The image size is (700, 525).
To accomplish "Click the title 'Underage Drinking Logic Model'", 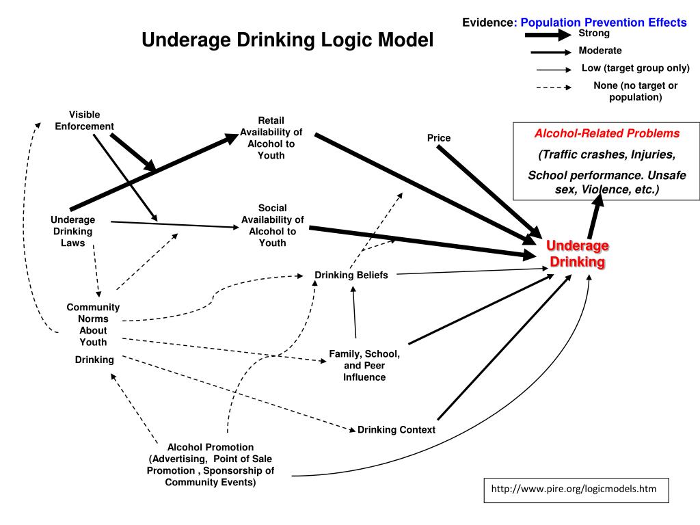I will [287, 40].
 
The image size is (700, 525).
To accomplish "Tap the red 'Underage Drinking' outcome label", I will [578, 254].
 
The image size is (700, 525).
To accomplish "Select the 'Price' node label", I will [439, 138].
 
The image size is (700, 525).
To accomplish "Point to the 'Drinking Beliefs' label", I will [351, 275].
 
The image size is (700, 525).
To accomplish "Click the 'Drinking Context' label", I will [396, 430].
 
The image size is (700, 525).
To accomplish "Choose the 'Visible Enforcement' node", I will [85, 120].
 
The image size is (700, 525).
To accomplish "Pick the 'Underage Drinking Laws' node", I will [72, 230].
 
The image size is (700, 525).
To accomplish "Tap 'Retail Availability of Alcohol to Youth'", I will [271, 138].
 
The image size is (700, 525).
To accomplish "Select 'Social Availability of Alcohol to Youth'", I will [272, 225].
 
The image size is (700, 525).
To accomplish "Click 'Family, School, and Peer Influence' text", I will [364, 365].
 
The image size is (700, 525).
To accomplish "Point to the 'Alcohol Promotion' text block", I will [211, 465].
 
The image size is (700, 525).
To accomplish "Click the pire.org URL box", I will [575, 489].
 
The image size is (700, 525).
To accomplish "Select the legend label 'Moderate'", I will [600, 51].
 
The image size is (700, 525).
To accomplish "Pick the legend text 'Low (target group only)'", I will [635, 68].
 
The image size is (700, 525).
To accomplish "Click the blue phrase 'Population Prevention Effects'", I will [604, 23].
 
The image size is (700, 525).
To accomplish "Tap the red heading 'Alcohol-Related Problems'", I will [607, 133].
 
